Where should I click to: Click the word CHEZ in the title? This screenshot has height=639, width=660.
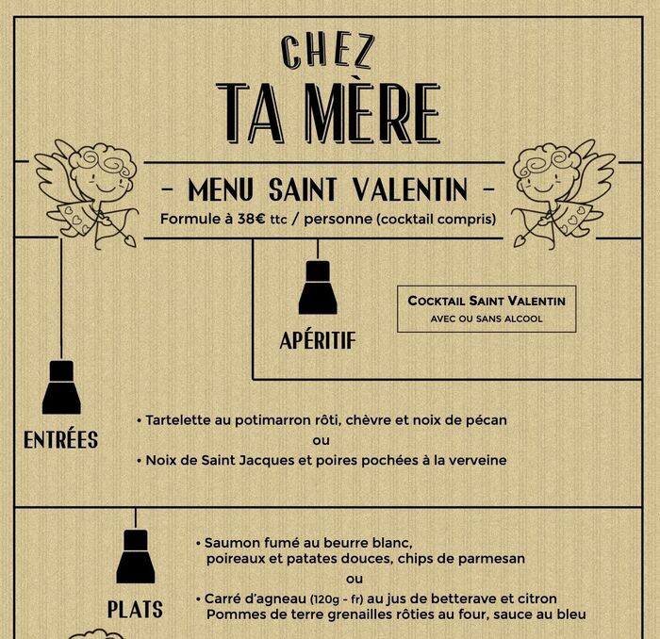329,52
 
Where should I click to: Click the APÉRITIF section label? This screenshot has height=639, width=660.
318,340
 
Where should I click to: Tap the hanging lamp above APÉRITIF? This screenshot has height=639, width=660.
318,288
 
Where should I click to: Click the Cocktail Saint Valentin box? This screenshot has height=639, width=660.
487,309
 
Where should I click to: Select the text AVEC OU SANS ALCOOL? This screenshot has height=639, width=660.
487,319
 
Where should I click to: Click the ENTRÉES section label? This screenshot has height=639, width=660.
60,440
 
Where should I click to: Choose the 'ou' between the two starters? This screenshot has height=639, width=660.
322,441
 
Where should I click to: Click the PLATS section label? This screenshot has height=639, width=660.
135,609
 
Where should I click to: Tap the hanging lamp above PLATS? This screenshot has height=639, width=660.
136,556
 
